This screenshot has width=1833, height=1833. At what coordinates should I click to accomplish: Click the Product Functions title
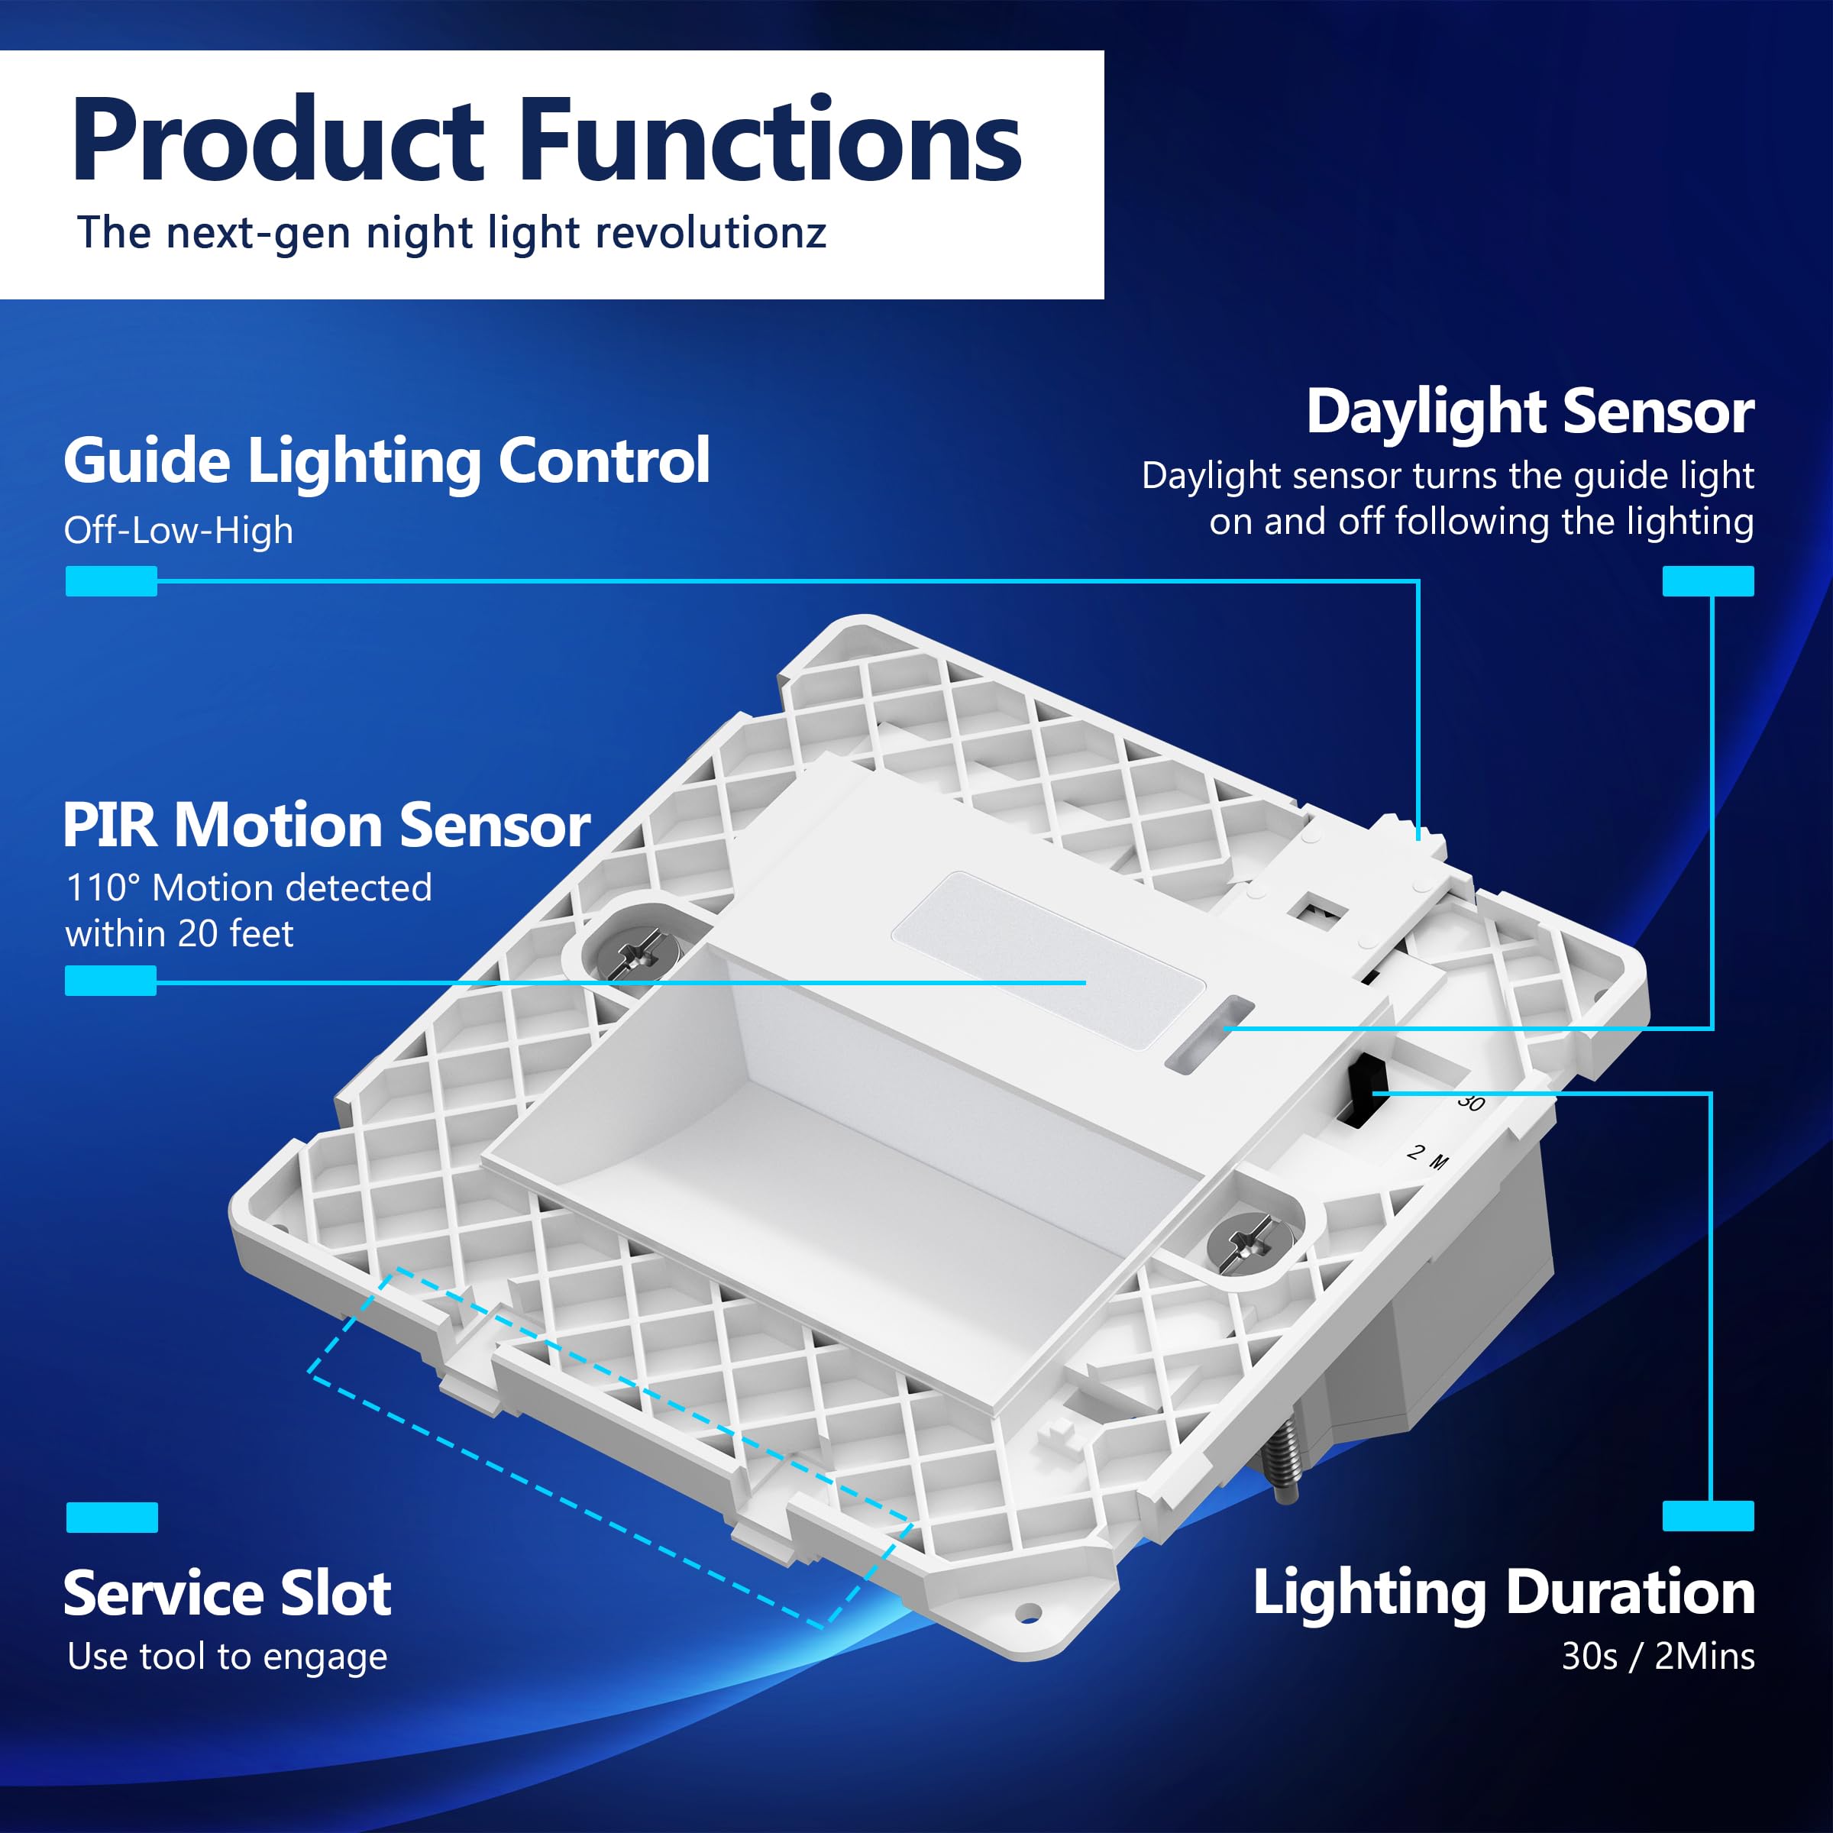(547, 141)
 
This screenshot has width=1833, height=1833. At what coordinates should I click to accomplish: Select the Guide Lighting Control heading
(387, 462)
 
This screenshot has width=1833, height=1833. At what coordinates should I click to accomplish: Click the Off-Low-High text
(179, 530)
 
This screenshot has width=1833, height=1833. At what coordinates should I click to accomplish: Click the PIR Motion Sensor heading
(326, 825)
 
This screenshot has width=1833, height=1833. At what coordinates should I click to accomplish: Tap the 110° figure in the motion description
(102, 888)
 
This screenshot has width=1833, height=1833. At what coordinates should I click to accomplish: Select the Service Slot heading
(228, 1593)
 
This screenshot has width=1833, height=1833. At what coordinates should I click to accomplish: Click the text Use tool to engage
(228, 1657)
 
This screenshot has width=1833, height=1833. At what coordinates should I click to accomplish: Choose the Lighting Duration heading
(1504, 1593)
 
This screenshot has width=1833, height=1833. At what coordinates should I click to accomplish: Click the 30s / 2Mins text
(1658, 1657)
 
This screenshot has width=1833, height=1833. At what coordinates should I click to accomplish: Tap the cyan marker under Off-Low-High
(111, 580)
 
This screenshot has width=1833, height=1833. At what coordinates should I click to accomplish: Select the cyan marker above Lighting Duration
(1708, 1517)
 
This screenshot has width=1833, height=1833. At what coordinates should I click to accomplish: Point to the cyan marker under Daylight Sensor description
(1708, 580)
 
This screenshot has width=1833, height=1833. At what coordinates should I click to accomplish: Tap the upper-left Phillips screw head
(634, 951)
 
